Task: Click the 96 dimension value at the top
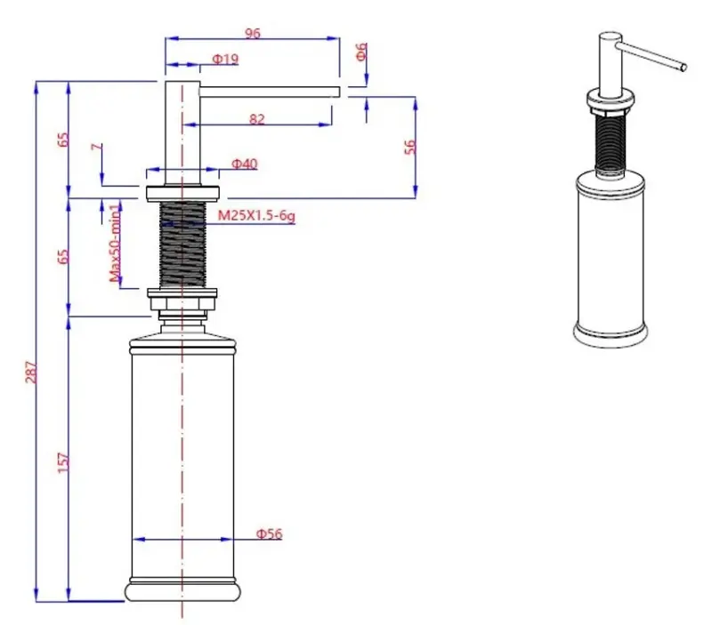(x=252, y=33)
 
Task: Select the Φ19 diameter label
(x=224, y=60)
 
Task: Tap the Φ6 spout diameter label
(x=361, y=52)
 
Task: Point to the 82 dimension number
(x=257, y=118)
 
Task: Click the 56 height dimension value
(x=410, y=147)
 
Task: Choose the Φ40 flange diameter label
(x=245, y=164)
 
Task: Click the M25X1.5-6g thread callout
(x=255, y=215)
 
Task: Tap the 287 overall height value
(x=30, y=372)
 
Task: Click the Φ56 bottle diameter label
(x=269, y=533)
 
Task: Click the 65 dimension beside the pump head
(x=63, y=140)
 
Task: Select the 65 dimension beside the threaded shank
(x=63, y=256)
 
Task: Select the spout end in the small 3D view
(x=684, y=66)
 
